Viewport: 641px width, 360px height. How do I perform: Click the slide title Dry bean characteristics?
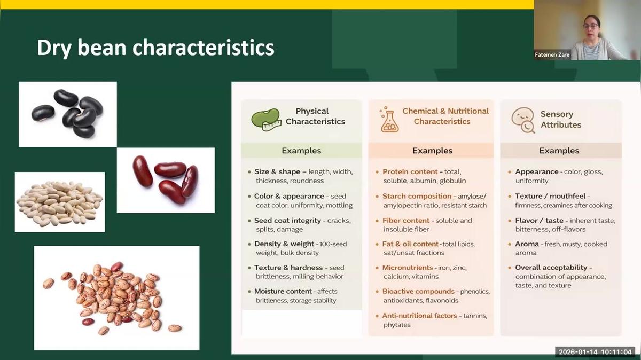(x=155, y=48)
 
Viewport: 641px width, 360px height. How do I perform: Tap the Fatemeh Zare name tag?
(x=552, y=54)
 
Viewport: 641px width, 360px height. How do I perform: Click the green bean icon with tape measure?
(x=265, y=120)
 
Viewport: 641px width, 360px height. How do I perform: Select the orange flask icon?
(x=389, y=120)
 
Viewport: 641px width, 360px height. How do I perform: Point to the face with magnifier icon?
(x=522, y=120)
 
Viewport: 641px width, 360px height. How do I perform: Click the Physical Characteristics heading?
(x=315, y=116)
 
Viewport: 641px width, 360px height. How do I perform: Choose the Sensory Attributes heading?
(x=560, y=119)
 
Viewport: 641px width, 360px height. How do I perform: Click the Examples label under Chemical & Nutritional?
(x=432, y=151)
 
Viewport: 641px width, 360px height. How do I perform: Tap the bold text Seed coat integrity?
(x=287, y=220)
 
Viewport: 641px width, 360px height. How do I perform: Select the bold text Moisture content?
(x=283, y=291)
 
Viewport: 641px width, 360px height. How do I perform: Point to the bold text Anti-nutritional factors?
(x=419, y=316)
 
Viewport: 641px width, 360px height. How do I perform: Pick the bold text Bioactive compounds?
(x=418, y=291)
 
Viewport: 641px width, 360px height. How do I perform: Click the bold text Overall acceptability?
(x=551, y=267)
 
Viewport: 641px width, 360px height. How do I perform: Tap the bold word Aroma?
(x=527, y=244)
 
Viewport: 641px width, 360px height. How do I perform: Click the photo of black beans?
(x=68, y=114)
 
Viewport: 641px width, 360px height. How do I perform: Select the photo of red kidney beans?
(x=166, y=180)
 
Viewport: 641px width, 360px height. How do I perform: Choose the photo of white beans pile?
(x=59, y=202)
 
